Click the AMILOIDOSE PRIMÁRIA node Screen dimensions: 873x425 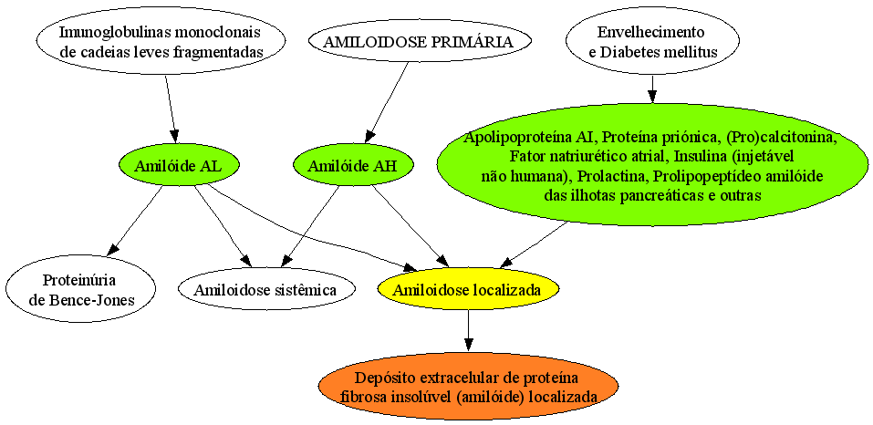[420, 41]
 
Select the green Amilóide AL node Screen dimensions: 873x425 [180, 165]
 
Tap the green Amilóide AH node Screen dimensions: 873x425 [354, 165]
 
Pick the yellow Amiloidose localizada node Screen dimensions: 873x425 [468, 289]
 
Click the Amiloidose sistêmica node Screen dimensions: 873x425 [266, 289]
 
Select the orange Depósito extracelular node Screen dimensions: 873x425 [468, 387]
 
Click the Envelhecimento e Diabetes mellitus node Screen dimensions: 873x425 [652, 41]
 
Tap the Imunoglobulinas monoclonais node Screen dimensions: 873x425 [161, 41]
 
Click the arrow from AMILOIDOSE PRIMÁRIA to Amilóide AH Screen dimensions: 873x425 [388, 102]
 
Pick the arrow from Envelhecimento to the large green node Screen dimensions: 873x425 [652, 88]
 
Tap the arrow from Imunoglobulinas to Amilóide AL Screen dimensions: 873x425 [171, 108]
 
